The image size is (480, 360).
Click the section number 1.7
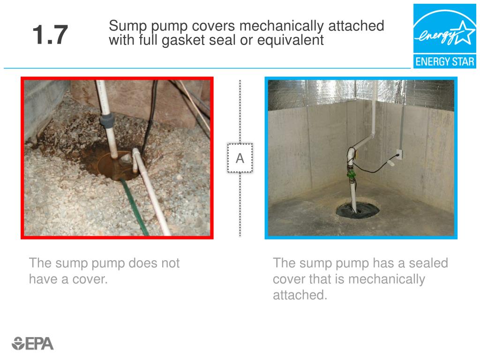pos(50,35)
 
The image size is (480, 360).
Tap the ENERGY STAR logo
pos(444,36)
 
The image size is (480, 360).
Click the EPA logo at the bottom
pos(33,344)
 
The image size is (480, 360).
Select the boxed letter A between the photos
pos(240,158)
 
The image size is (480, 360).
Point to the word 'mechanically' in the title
pos(281,26)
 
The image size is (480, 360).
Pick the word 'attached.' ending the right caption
pos(300,295)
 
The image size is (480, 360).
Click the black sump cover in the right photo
pos(358,210)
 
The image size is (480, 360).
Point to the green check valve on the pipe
pos(351,175)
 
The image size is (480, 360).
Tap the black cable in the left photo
pos(149,117)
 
